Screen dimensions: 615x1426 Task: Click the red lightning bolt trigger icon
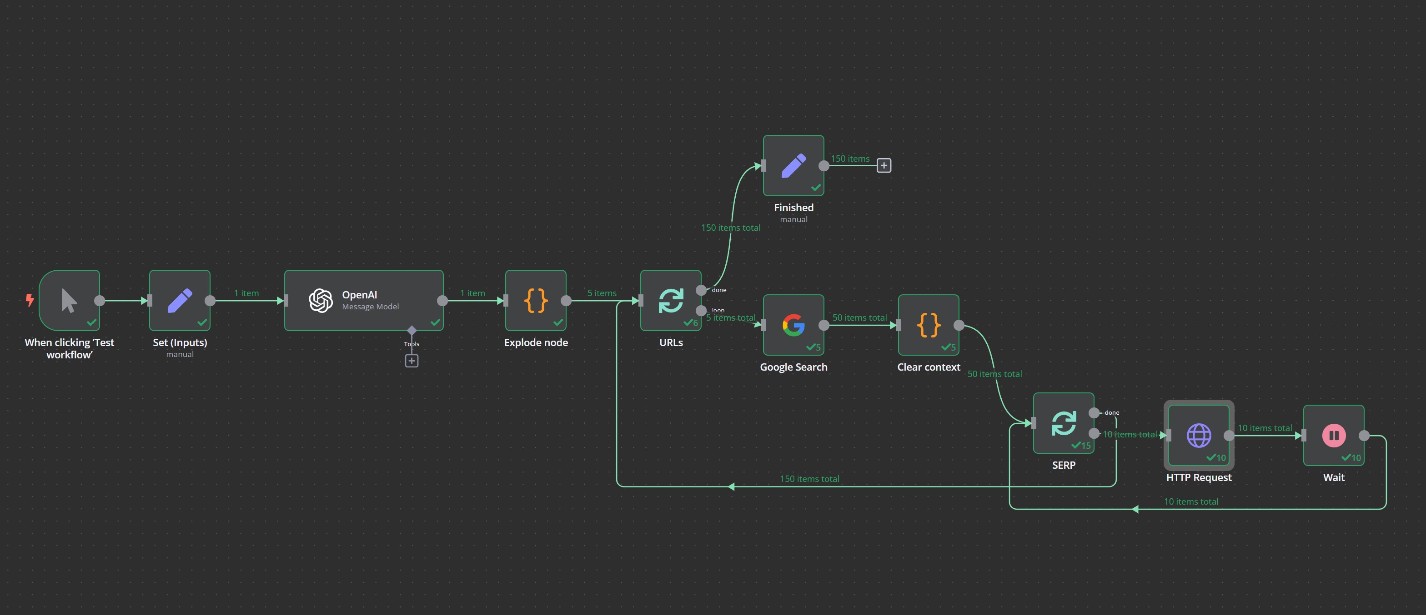coord(30,300)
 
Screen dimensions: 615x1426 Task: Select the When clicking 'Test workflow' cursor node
coord(69,300)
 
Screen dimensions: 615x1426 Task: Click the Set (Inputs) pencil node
coord(179,300)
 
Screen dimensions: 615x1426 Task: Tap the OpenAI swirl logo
coord(321,300)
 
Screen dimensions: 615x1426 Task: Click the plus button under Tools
coord(412,361)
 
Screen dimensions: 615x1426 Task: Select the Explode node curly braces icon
coord(535,300)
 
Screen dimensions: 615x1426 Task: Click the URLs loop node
coord(670,300)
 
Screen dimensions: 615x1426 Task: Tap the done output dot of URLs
coord(701,290)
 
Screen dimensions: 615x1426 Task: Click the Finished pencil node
coord(793,165)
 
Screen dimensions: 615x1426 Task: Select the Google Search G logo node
coord(793,325)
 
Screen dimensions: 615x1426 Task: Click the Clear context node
coord(929,325)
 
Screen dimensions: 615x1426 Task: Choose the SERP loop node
coord(1064,423)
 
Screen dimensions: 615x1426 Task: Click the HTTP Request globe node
coord(1199,435)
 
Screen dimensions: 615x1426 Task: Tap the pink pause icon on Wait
coord(1334,435)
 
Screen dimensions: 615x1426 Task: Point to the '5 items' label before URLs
coord(601,293)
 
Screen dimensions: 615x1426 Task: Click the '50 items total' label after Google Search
coord(859,317)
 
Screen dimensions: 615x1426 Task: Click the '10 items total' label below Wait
coord(1191,501)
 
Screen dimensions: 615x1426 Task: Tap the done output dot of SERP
coord(1094,412)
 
